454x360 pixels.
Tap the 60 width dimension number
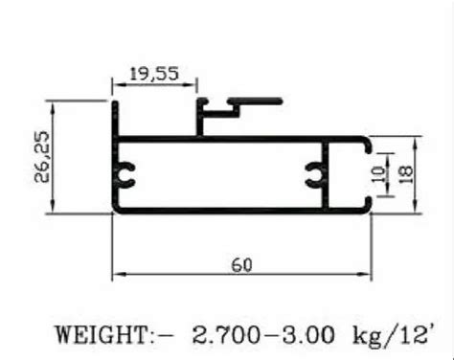[x=241, y=265]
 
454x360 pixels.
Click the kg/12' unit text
[x=389, y=335]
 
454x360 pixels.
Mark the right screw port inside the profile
[x=315, y=173]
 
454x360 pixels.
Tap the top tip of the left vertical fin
[x=114, y=100]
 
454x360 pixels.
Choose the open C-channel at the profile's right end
[x=366, y=173]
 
